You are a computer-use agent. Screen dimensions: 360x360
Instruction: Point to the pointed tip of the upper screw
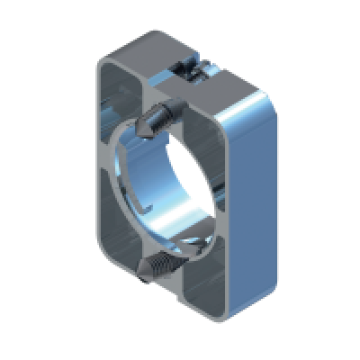(143, 131)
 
